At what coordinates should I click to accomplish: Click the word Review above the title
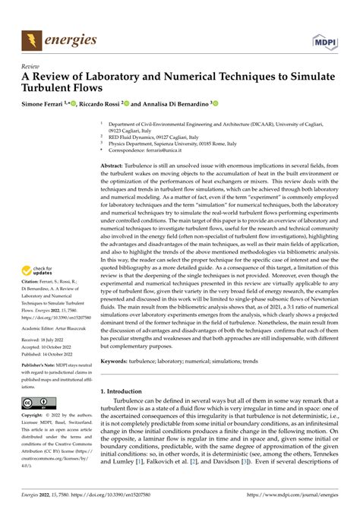pos(31,65)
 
